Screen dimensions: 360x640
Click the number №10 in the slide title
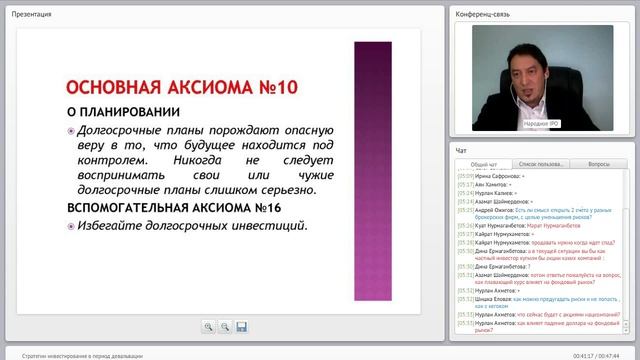(x=268, y=87)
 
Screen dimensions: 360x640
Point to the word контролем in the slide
(x=106, y=157)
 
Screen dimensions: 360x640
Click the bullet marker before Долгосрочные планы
(x=71, y=131)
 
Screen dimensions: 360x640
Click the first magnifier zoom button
(x=208, y=326)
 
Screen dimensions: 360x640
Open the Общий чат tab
(x=484, y=164)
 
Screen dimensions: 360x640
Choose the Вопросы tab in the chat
(x=599, y=164)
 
